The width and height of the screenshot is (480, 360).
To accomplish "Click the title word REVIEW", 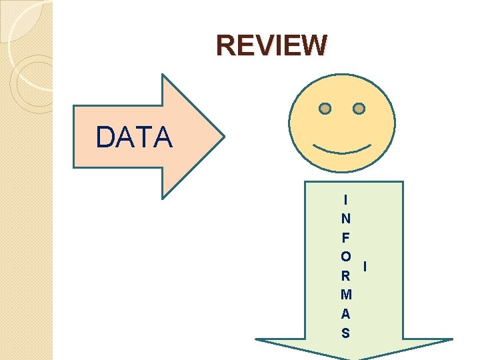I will [272, 45].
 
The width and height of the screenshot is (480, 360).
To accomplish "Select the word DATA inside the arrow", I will [134, 137].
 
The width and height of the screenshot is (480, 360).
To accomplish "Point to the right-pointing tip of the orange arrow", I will [224, 137].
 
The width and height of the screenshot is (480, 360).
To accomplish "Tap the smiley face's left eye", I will [325, 108].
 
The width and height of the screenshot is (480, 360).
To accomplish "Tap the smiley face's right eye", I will [359, 108].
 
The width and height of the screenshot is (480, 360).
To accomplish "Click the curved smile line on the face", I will [343, 147].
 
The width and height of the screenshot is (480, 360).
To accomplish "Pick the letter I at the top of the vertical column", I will [345, 199].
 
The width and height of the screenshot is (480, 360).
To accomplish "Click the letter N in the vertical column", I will [345, 218].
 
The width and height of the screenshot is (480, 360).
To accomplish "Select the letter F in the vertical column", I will [345, 237].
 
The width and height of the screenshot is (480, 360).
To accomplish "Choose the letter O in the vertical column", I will [345, 256].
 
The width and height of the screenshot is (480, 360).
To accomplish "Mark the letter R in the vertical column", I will [345, 275].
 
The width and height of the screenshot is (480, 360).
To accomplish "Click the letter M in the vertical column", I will [345, 294].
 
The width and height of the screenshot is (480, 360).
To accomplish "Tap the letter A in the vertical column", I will [345, 313].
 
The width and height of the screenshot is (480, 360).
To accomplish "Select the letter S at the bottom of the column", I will [345, 332].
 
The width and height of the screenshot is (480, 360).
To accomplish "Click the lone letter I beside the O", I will [365, 266].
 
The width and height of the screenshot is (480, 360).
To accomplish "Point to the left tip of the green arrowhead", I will [257, 340].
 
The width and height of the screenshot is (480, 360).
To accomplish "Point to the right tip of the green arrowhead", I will [452, 340].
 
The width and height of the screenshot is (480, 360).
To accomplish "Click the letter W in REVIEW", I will [313, 45].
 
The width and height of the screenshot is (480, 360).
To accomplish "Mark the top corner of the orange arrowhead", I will [163, 75].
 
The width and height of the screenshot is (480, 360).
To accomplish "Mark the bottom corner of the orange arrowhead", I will [163, 198].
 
